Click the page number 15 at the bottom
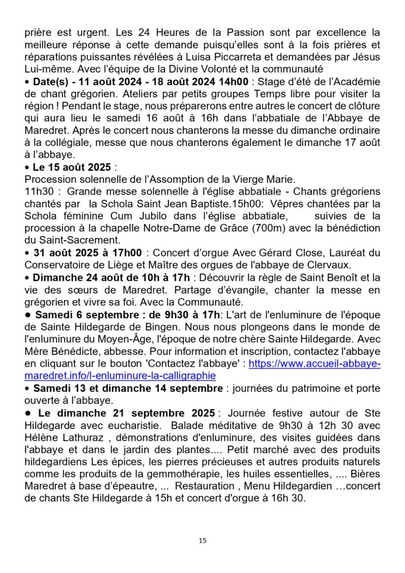click(x=202, y=541)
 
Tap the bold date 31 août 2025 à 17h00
click(x=87, y=252)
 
